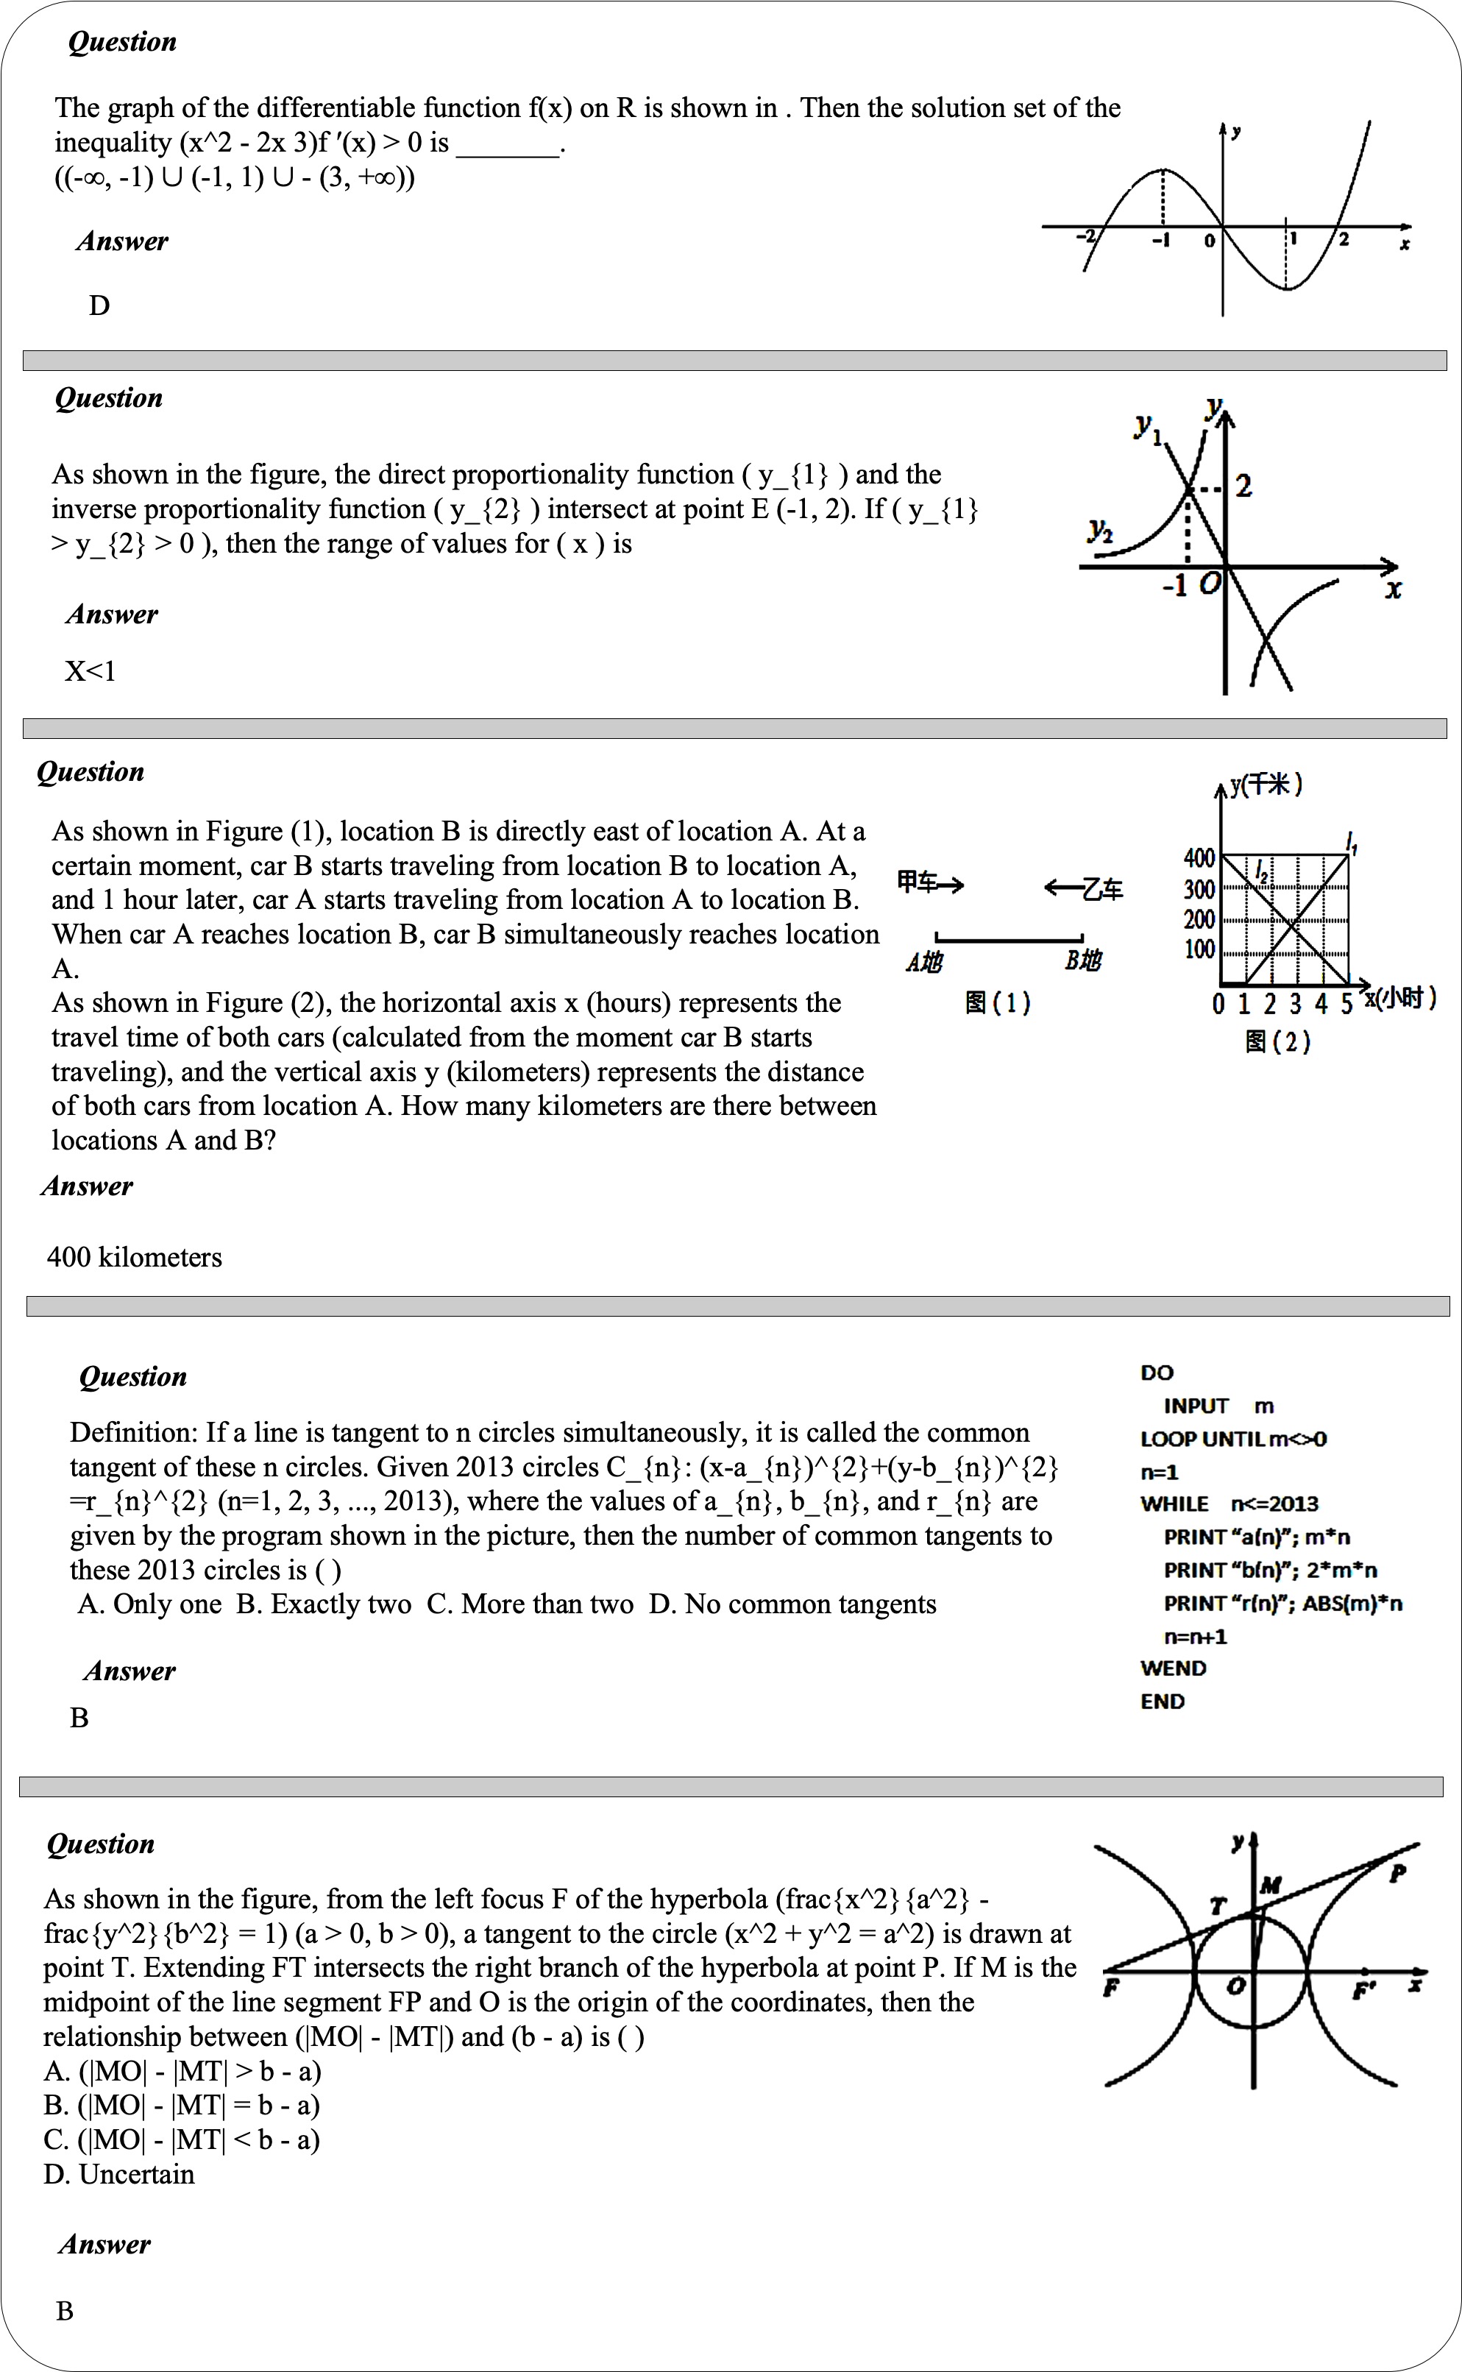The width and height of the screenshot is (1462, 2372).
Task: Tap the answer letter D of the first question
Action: click(99, 305)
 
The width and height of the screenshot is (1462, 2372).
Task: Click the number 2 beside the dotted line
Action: click(1243, 486)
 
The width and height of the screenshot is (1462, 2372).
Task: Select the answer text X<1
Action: click(90, 671)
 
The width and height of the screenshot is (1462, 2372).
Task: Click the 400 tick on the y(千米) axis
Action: click(1199, 857)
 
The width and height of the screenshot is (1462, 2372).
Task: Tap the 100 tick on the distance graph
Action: click(1199, 949)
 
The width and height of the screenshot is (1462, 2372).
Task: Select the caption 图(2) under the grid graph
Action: click(1277, 1041)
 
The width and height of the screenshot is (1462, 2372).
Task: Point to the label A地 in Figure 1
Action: click(923, 961)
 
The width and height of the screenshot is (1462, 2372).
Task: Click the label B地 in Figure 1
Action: click(1083, 961)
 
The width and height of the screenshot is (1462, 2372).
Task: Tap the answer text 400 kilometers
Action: click(135, 1257)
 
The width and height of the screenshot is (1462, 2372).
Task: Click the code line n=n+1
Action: click(1195, 1636)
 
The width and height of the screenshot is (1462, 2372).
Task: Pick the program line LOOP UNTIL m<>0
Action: click(1233, 1439)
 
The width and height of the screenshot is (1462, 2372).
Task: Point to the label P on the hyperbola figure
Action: click(1397, 1874)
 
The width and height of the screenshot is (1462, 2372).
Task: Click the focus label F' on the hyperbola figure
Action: click(1363, 1990)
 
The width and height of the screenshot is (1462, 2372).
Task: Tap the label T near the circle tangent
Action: click(1218, 1906)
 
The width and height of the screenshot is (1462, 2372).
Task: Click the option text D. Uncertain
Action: click(119, 2175)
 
